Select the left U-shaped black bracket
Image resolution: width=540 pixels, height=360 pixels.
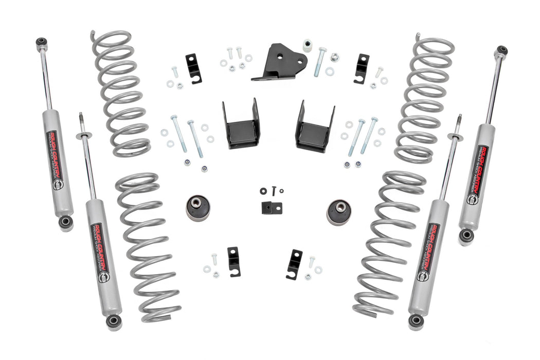(241, 125)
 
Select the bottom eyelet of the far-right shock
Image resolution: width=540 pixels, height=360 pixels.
(466, 235)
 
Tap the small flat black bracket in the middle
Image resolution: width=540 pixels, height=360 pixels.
(271, 207)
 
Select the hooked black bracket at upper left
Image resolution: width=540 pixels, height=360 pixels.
(193, 67)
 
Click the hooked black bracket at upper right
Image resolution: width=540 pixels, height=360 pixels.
(361, 67)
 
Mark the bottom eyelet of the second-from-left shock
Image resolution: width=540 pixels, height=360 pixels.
(114, 322)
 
